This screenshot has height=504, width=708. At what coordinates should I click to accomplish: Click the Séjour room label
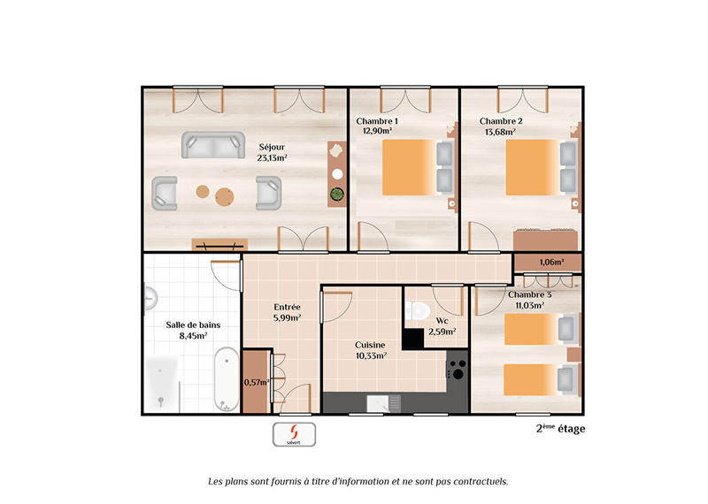point(272,147)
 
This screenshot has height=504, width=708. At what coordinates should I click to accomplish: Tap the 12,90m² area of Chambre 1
point(376,131)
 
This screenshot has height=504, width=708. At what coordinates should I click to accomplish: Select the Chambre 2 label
point(501,121)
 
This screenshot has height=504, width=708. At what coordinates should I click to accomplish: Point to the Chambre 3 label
point(529,294)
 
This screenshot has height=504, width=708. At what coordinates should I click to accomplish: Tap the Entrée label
point(287,307)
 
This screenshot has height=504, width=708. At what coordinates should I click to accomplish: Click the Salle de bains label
point(188,325)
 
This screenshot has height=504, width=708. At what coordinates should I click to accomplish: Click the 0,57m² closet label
point(255,382)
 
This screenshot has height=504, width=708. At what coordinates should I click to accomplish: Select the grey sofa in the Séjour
point(213,145)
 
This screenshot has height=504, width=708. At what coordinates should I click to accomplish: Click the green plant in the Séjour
point(336,194)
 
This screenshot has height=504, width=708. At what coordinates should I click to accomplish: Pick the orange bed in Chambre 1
point(408,169)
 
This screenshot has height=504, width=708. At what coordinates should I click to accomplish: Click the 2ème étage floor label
point(560,429)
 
